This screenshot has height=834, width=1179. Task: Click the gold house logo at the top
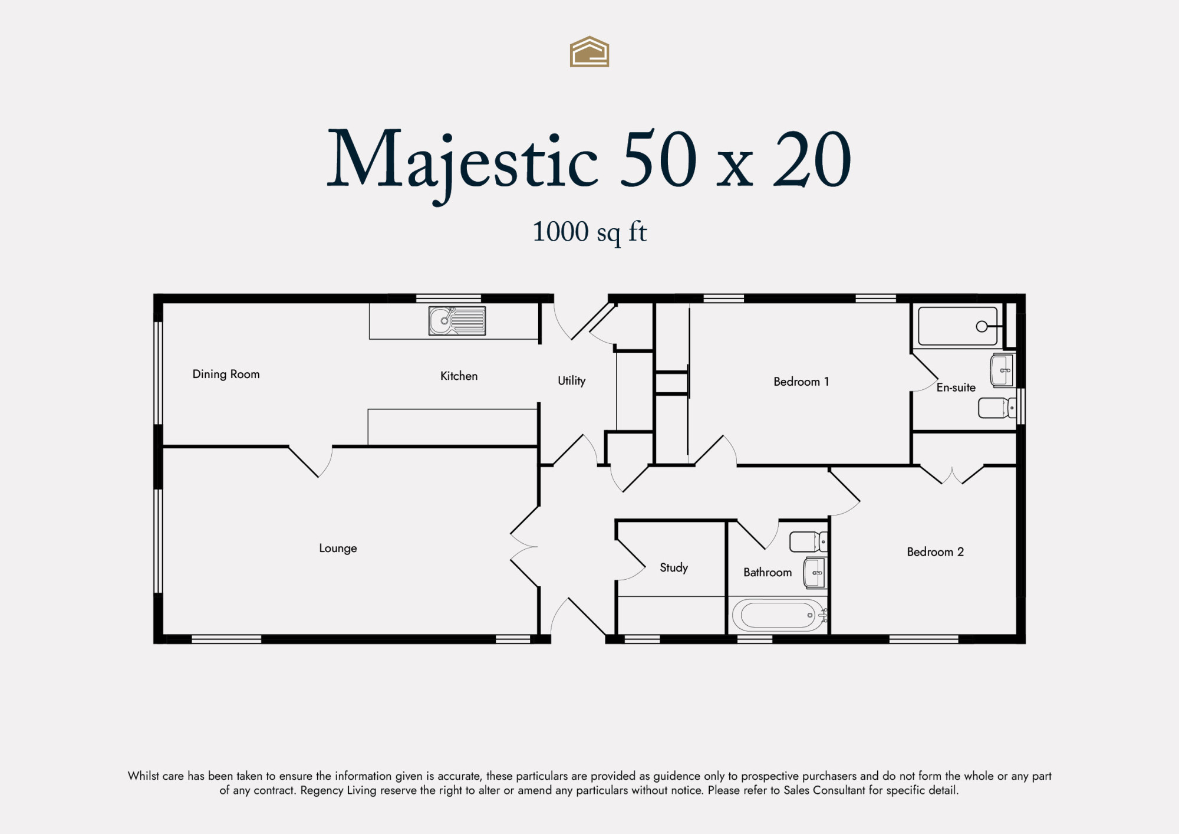click(x=589, y=52)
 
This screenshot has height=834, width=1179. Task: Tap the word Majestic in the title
click(x=463, y=162)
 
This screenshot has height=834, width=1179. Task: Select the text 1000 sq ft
click(x=589, y=232)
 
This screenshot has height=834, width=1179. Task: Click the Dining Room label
click(x=226, y=374)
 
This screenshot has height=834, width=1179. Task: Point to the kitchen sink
click(x=457, y=321)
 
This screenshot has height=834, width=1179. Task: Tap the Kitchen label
click(x=459, y=376)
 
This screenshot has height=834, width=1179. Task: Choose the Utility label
click(x=572, y=380)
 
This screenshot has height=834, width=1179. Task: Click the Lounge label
click(x=338, y=548)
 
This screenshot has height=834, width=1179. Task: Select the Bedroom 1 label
click(x=801, y=382)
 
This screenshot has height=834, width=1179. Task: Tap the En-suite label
click(x=956, y=388)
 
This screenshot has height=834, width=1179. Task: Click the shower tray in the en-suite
click(x=958, y=326)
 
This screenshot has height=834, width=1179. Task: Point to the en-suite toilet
click(x=997, y=408)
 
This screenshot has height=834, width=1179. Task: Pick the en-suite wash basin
click(x=1002, y=370)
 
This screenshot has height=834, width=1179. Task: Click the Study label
click(x=674, y=567)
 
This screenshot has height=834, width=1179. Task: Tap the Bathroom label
click(x=768, y=572)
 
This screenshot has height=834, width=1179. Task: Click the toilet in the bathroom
click(x=808, y=541)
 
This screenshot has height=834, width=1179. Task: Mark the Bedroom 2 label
click(x=936, y=552)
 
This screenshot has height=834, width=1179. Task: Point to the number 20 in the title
click(x=812, y=159)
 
